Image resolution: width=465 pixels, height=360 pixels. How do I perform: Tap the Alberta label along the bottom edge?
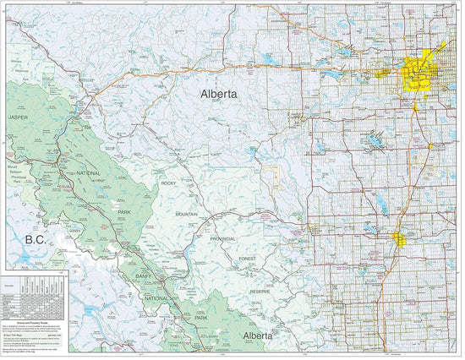coord(259,335)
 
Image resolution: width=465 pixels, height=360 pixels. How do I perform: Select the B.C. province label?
coord(36,240)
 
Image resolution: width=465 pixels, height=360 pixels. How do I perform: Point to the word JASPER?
coord(18,117)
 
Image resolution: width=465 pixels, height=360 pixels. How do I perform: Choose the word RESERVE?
coord(260,292)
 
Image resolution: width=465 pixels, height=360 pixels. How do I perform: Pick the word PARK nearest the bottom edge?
coord(201,317)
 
